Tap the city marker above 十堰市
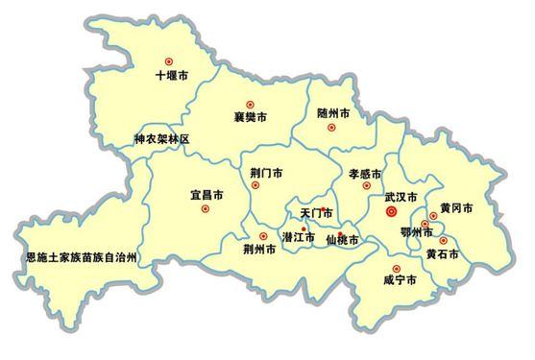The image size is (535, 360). click(x=170, y=60)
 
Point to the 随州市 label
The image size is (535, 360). click(x=333, y=113)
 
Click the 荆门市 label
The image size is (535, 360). click(x=266, y=174)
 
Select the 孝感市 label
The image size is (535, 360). click(x=364, y=175)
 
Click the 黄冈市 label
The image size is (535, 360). click(x=456, y=207)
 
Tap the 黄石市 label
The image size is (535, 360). click(x=443, y=254)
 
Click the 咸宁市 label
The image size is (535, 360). click(x=399, y=280)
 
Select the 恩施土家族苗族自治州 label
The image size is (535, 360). click(x=83, y=258)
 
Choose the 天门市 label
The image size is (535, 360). click(x=316, y=213)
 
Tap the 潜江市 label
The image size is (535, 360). click(x=299, y=235)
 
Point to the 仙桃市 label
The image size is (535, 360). click(x=342, y=240)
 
